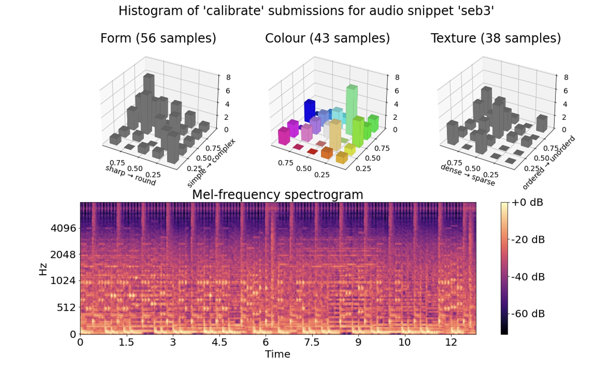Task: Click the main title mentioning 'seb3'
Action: [306, 11]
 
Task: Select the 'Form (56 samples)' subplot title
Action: [158, 38]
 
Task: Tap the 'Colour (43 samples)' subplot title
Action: [327, 38]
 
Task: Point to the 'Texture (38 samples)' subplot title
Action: [495, 38]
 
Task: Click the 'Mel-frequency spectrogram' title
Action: [277, 195]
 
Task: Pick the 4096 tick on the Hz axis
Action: [63, 228]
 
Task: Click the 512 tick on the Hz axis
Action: [66, 307]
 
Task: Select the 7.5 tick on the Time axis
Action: [311, 342]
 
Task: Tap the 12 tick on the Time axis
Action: [451, 342]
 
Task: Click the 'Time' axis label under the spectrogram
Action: [277, 354]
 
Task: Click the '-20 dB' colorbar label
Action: [528, 240]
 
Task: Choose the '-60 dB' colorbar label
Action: [528, 314]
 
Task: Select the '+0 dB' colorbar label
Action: [527, 203]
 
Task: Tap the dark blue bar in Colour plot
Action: [309, 111]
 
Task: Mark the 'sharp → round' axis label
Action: [131, 176]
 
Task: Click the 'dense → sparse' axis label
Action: [468, 175]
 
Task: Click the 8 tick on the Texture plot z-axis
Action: [566, 77]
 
